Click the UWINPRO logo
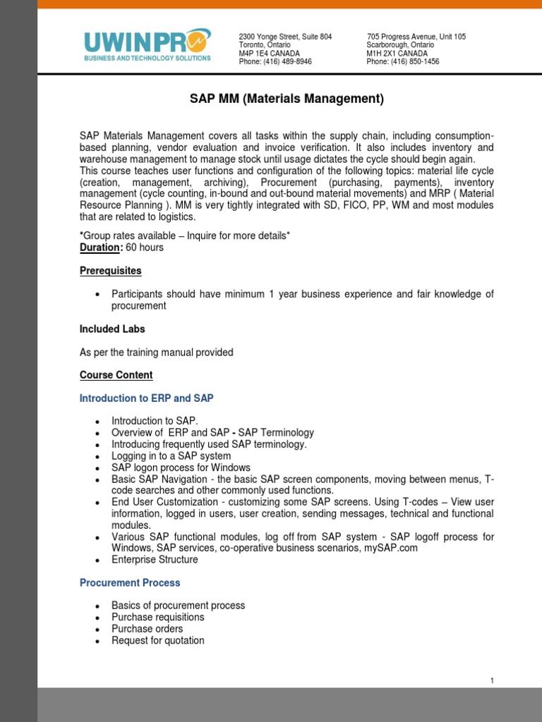tap(147, 44)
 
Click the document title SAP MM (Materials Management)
tap(287, 99)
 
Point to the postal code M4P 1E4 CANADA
tap(270, 54)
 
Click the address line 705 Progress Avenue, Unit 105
tap(416, 37)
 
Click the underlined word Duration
tap(100, 247)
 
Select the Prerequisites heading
tap(111, 271)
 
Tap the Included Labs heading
tap(112, 329)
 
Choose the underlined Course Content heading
tap(116, 375)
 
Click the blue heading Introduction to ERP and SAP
tap(147, 398)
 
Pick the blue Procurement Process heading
tap(130, 583)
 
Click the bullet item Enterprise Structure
tap(155, 560)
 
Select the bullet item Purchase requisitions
tap(158, 618)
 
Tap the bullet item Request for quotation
tap(158, 641)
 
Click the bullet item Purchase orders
tap(147, 629)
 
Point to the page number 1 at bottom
tap(492, 680)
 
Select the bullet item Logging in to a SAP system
tap(171, 456)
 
